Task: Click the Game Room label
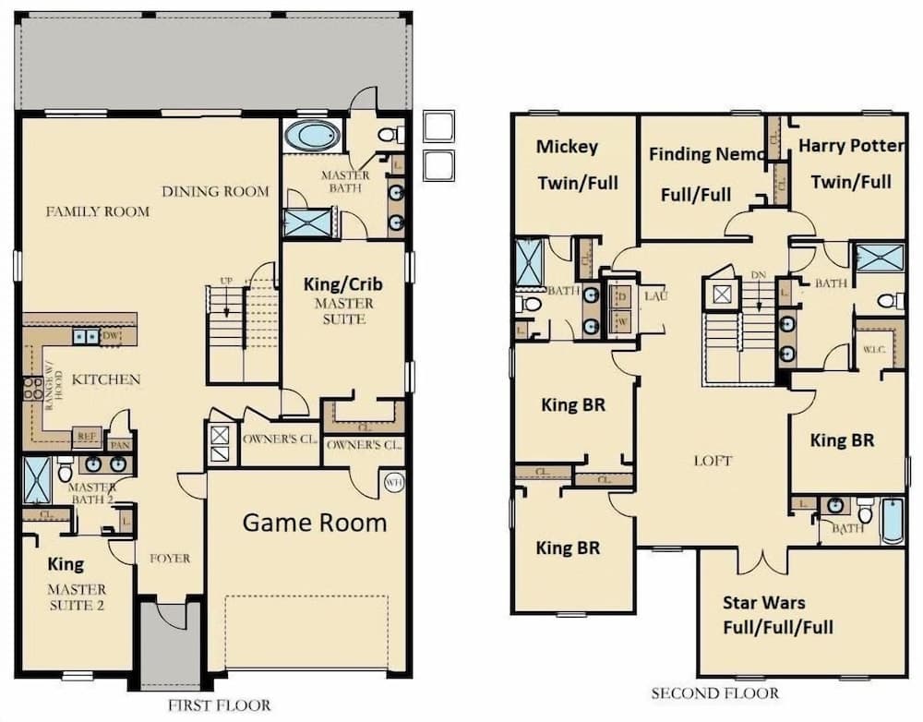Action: pyautogui.click(x=314, y=523)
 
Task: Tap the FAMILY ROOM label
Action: pyautogui.click(x=97, y=211)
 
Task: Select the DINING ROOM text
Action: pyautogui.click(x=215, y=192)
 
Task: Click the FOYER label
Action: pyautogui.click(x=169, y=559)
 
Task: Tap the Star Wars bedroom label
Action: pyautogui.click(x=777, y=615)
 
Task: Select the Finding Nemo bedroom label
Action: pyautogui.click(x=706, y=174)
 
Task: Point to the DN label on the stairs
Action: pyautogui.click(x=759, y=275)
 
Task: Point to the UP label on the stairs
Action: pyautogui.click(x=226, y=281)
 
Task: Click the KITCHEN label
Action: pyautogui.click(x=106, y=379)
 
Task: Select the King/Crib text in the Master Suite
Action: pyautogui.click(x=342, y=283)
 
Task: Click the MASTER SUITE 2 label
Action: pyautogui.click(x=78, y=596)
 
